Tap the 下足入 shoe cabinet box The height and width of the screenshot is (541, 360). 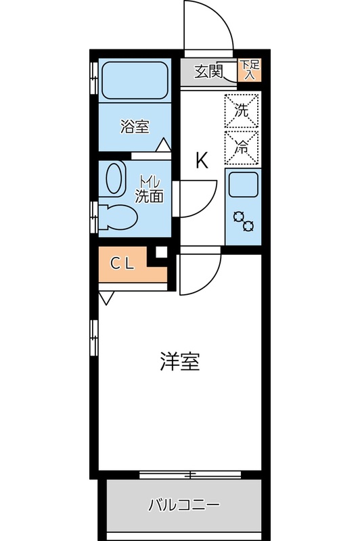click(248, 70)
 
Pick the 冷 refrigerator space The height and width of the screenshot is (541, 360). click(242, 145)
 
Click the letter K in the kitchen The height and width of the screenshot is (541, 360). click(201, 161)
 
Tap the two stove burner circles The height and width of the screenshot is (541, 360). click(243, 221)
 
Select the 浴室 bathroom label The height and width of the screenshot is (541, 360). click(135, 126)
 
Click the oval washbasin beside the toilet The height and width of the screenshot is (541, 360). click(116, 179)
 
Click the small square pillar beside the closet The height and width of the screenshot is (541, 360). click(161, 253)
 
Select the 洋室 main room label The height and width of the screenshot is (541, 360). click(180, 362)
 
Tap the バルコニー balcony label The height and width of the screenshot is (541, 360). click(183, 505)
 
